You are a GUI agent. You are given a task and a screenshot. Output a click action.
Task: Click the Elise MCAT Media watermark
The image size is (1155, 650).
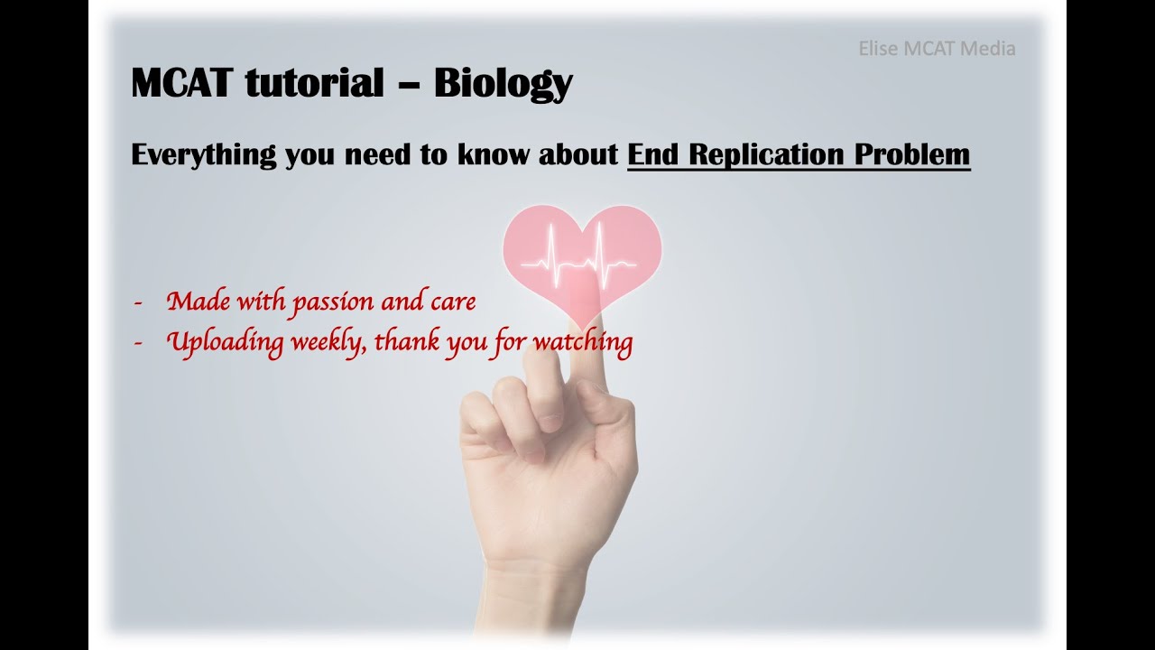(x=937, y=49)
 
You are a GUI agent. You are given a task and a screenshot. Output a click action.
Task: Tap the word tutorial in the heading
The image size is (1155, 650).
(x=313, y=83)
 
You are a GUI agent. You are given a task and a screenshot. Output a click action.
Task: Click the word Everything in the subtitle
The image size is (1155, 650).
(x=203, y=155)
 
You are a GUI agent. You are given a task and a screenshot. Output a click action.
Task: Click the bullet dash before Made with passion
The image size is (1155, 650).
(x=137, y=302)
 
